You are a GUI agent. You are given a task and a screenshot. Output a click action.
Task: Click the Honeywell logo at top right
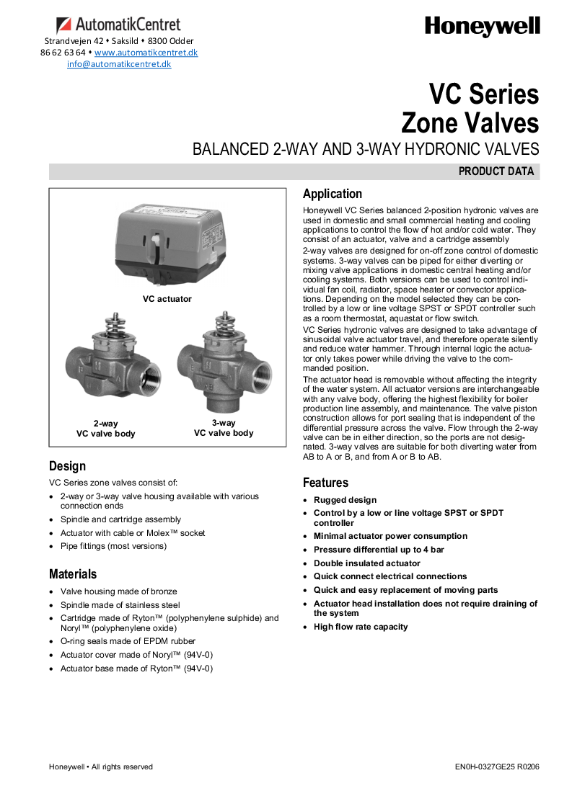(482, 27)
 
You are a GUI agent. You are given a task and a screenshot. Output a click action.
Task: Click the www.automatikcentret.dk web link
(146, 53)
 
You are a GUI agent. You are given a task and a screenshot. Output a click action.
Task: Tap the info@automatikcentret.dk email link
(119, 64)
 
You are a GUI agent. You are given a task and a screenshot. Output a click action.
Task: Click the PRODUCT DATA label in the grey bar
(496, 171)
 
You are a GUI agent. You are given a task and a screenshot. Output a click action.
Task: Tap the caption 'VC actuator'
(167, 298)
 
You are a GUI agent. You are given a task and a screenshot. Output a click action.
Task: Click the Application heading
(333, 194)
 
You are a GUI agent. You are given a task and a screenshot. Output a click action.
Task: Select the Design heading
(67, 466)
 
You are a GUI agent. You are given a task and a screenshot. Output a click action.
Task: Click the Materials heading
(73, 574)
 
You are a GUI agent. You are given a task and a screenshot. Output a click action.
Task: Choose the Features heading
(325, 483)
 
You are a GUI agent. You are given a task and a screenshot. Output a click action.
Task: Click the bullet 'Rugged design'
(345, 500)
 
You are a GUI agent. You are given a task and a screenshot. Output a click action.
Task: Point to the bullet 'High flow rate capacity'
(361, 627)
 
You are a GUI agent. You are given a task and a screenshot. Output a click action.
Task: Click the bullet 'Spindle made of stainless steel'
(120, 605)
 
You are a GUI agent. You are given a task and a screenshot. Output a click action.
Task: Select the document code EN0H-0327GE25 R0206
(497, 766)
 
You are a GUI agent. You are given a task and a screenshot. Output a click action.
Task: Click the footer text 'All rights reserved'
(122, 766)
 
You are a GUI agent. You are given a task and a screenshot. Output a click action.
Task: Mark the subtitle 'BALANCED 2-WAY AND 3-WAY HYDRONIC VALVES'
(366, 150)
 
